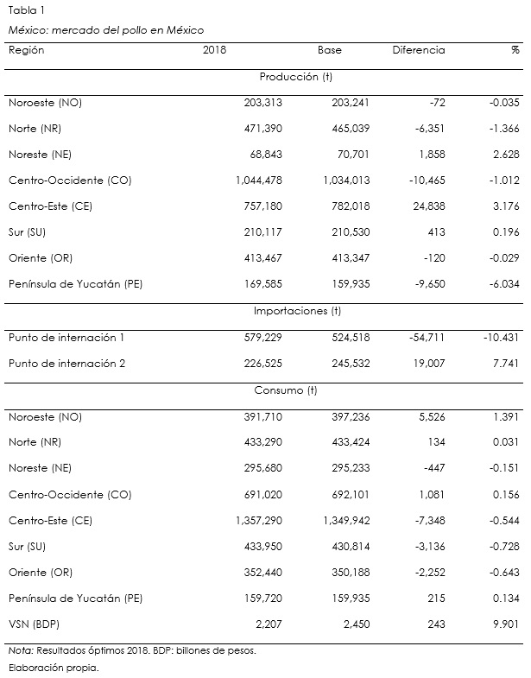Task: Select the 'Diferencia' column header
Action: coord(419,50)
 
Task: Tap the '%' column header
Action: coord(515,50)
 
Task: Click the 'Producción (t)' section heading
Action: coord(296,77)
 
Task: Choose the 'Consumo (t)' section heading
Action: coord(286,390)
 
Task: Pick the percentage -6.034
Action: coord(502,285)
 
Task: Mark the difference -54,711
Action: coord(423,338)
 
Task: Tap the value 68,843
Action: coord(263,155)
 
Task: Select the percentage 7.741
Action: coord(503,364)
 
